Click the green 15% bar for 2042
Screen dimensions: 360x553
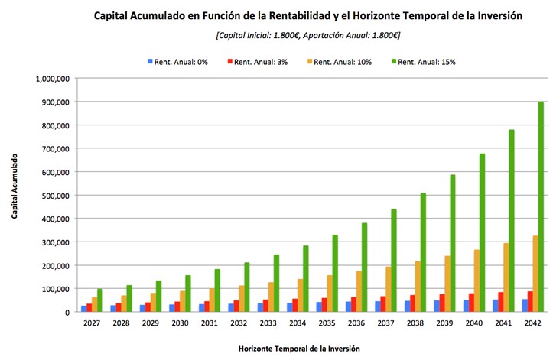coord(541,206)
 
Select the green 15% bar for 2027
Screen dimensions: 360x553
coord(100,300)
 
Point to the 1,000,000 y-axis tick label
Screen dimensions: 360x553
coord(53,79)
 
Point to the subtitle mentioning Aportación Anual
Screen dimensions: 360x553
coord(308,35)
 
